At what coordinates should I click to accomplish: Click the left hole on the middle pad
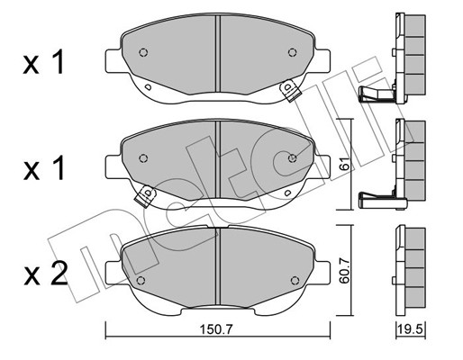tap(142, 158)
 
